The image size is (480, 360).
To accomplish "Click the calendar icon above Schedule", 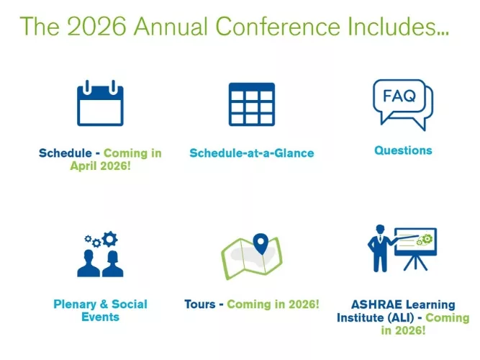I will [x=101, y=105].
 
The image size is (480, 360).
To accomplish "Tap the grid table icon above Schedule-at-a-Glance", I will [x=251, y=105].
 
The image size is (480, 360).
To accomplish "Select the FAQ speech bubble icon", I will [x=402, y=103].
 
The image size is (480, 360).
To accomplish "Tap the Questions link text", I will [x=403, y=150].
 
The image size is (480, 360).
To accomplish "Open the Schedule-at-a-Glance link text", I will [x=251, y=153].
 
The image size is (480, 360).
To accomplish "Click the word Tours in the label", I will [x=199, y=304].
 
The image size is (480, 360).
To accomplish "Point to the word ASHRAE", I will [x=374, y=305].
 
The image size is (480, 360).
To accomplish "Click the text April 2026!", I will [x=101, y=166].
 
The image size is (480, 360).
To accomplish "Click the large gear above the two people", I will [x=109, y=238].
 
